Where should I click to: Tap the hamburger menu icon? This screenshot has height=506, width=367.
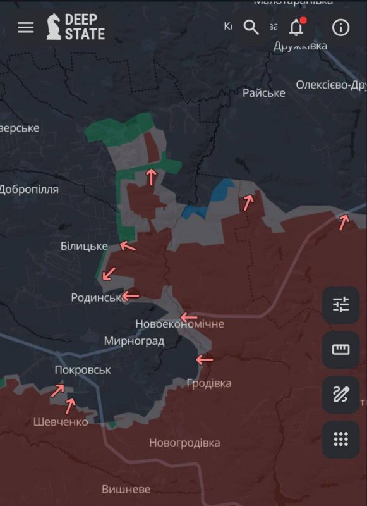coord(26,28)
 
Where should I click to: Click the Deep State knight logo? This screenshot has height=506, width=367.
coord(54,27)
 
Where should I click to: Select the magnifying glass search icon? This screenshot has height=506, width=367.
coord(251,27)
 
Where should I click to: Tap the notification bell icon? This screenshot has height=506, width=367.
coord(296,27)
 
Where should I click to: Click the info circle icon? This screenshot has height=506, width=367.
coord(340,28)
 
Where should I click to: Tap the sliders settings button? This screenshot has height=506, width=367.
coord(340,305)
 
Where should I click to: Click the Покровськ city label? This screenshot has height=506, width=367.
coord(83,370)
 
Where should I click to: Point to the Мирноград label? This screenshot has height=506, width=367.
coord(134,342)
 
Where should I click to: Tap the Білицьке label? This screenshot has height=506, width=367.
coord(84,246)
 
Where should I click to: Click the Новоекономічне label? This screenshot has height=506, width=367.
coord(179,324)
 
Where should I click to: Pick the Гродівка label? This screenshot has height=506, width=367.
coord(208,383)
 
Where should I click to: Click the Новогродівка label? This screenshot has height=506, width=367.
coord(184,443)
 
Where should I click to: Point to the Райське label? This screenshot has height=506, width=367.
coord(263,93)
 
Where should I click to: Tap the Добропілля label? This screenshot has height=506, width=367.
coord(29,189)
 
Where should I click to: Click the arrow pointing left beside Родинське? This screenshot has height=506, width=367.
coord(131,295)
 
